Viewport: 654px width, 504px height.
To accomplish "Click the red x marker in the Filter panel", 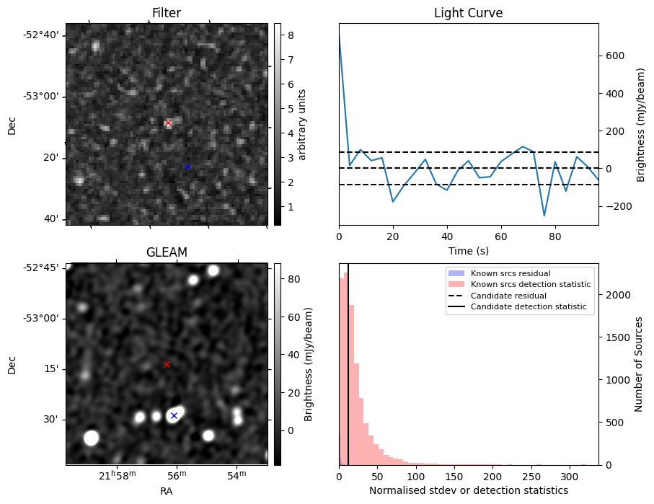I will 168,123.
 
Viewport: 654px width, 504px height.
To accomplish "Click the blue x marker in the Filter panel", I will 187,167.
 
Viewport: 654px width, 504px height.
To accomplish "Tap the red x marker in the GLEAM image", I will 167,364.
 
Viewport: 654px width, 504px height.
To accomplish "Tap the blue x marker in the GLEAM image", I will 174,416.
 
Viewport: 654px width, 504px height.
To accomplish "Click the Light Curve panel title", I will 468,13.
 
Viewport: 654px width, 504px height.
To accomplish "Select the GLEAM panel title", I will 167,252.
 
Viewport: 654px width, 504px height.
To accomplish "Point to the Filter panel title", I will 167,13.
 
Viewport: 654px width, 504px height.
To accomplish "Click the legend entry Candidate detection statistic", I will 528,307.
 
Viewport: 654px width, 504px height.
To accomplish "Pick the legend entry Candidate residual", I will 508,296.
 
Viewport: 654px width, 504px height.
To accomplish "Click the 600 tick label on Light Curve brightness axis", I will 614,56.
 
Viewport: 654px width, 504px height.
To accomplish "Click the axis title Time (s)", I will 468,250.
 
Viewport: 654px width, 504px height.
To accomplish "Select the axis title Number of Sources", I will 639,364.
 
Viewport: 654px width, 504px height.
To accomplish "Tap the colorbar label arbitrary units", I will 302,124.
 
